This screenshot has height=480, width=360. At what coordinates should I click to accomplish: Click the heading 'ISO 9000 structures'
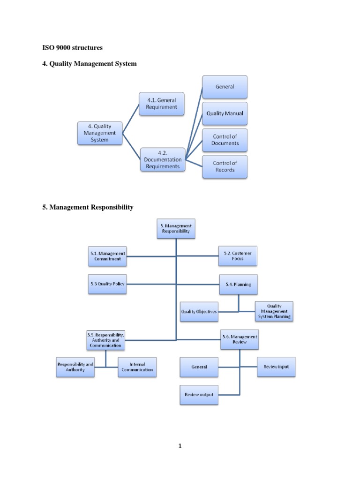pos(72,47)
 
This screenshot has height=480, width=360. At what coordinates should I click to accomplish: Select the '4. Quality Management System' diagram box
pos(100,133)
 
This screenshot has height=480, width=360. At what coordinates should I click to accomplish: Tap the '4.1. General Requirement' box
pos(162,104)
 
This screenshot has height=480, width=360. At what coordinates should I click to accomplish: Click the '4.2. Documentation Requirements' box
pos(163,159)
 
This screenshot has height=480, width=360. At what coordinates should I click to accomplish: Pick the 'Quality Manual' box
pos(225,113)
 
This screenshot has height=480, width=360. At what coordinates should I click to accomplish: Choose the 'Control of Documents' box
pos(225,140)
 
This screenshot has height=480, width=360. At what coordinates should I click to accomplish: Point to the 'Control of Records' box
pos(225,166)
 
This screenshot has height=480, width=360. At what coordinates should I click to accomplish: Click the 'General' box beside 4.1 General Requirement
pos(225,87)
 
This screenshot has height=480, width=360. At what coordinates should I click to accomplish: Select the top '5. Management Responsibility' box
pos(176,228)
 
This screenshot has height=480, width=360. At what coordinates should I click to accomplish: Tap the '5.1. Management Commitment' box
pos(107,256)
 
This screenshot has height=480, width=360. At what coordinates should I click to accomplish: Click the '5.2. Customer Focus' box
pos(238,256)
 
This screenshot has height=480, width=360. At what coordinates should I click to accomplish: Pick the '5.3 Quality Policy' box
pos(107,284)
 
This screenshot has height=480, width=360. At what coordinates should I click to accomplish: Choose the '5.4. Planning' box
pos(239,284)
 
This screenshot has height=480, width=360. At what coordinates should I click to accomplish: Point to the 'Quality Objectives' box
pos(199,312)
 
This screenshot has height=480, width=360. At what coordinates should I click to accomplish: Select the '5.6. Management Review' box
pos(240,339)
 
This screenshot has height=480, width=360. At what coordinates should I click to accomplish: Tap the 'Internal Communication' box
pos(137,367)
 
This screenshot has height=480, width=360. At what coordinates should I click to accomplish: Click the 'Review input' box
pos(276,367)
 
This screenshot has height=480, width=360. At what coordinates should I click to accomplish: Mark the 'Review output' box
pos(199,395)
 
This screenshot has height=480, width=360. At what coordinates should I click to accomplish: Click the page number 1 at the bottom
pos(180,446)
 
